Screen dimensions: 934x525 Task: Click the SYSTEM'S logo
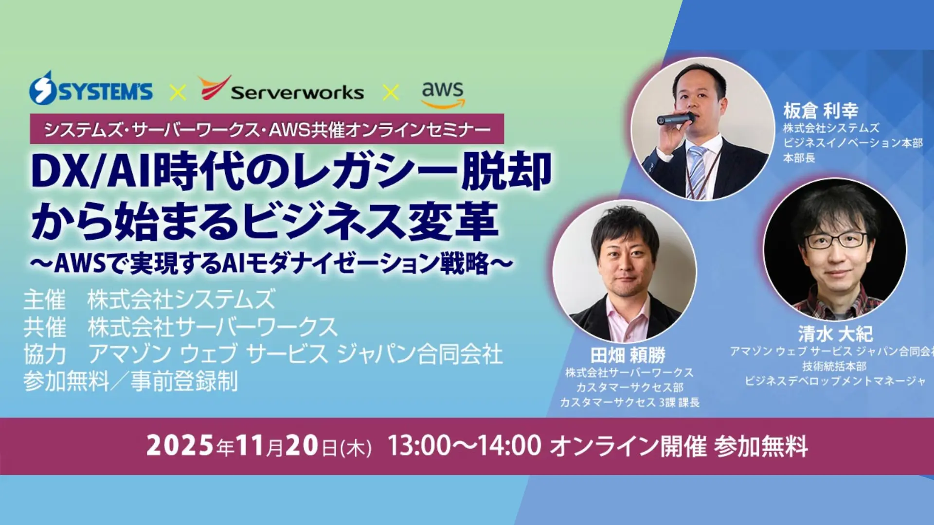[x=91, y=88]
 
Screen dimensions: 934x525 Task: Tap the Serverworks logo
[x=281, y=88]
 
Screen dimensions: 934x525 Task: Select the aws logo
[x=443, y=94]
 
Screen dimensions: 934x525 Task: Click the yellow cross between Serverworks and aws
[x=391, y=92]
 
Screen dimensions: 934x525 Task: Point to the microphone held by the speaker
[x=676, y=118]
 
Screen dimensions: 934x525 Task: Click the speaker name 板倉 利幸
[x=821, y=111]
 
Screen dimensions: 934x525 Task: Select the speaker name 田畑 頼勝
[x=628, y=355]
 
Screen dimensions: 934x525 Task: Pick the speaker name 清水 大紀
[x=835, y=334]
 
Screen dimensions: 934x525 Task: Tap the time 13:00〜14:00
[x=464, y=445]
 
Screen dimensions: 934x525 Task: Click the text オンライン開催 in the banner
[x=629, y=446]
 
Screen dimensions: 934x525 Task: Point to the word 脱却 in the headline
[x=507, y=171]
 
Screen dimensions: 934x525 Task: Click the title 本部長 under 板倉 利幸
[x=799, y=158]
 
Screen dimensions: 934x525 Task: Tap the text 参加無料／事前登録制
[x=131, y=381]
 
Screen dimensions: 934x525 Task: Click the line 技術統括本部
[x=835, y=366]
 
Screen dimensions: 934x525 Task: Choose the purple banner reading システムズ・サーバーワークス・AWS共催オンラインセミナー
[x=267, y=129]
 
